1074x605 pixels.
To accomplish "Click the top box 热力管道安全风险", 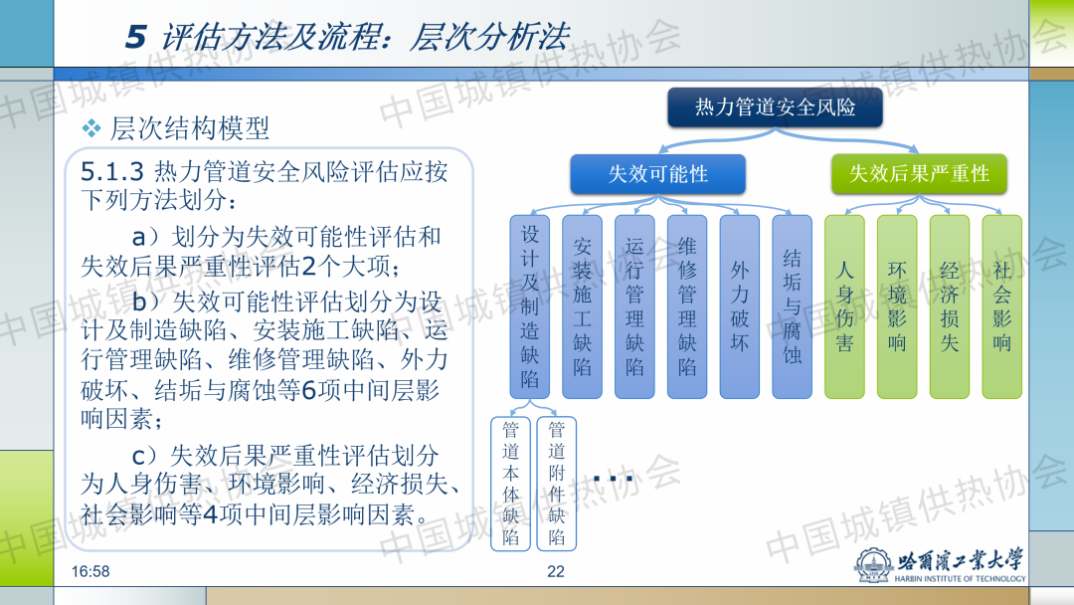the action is coord(775,106).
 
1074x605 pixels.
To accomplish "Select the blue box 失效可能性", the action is coord(657,174).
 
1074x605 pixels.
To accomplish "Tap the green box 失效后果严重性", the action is coord(919,173).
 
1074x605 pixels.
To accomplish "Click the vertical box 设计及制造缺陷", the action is coord(529,306).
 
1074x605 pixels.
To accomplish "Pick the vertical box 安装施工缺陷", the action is coord(582,306).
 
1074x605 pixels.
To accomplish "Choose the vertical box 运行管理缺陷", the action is coord(634,306).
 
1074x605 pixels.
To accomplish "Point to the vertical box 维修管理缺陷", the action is coord(687,306).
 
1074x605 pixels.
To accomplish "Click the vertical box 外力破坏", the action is coord(740,306).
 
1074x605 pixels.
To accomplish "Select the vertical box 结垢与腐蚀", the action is coord(792,306).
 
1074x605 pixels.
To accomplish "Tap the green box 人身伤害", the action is coord(844,306).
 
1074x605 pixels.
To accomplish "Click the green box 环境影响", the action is coord(897,306).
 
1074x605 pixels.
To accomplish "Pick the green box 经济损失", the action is coord(950,306).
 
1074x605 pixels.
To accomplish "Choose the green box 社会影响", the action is coord(1002,306).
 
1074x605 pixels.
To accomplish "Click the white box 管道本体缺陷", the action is coord(511,484).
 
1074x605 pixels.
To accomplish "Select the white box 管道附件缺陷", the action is coord(556,484).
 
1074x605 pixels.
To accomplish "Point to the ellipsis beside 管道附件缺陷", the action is coord(613,479).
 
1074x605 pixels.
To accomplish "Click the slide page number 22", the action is coord(556,571).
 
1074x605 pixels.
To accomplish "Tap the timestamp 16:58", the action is coord(90,571).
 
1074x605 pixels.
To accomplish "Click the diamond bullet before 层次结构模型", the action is coord(91,128).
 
